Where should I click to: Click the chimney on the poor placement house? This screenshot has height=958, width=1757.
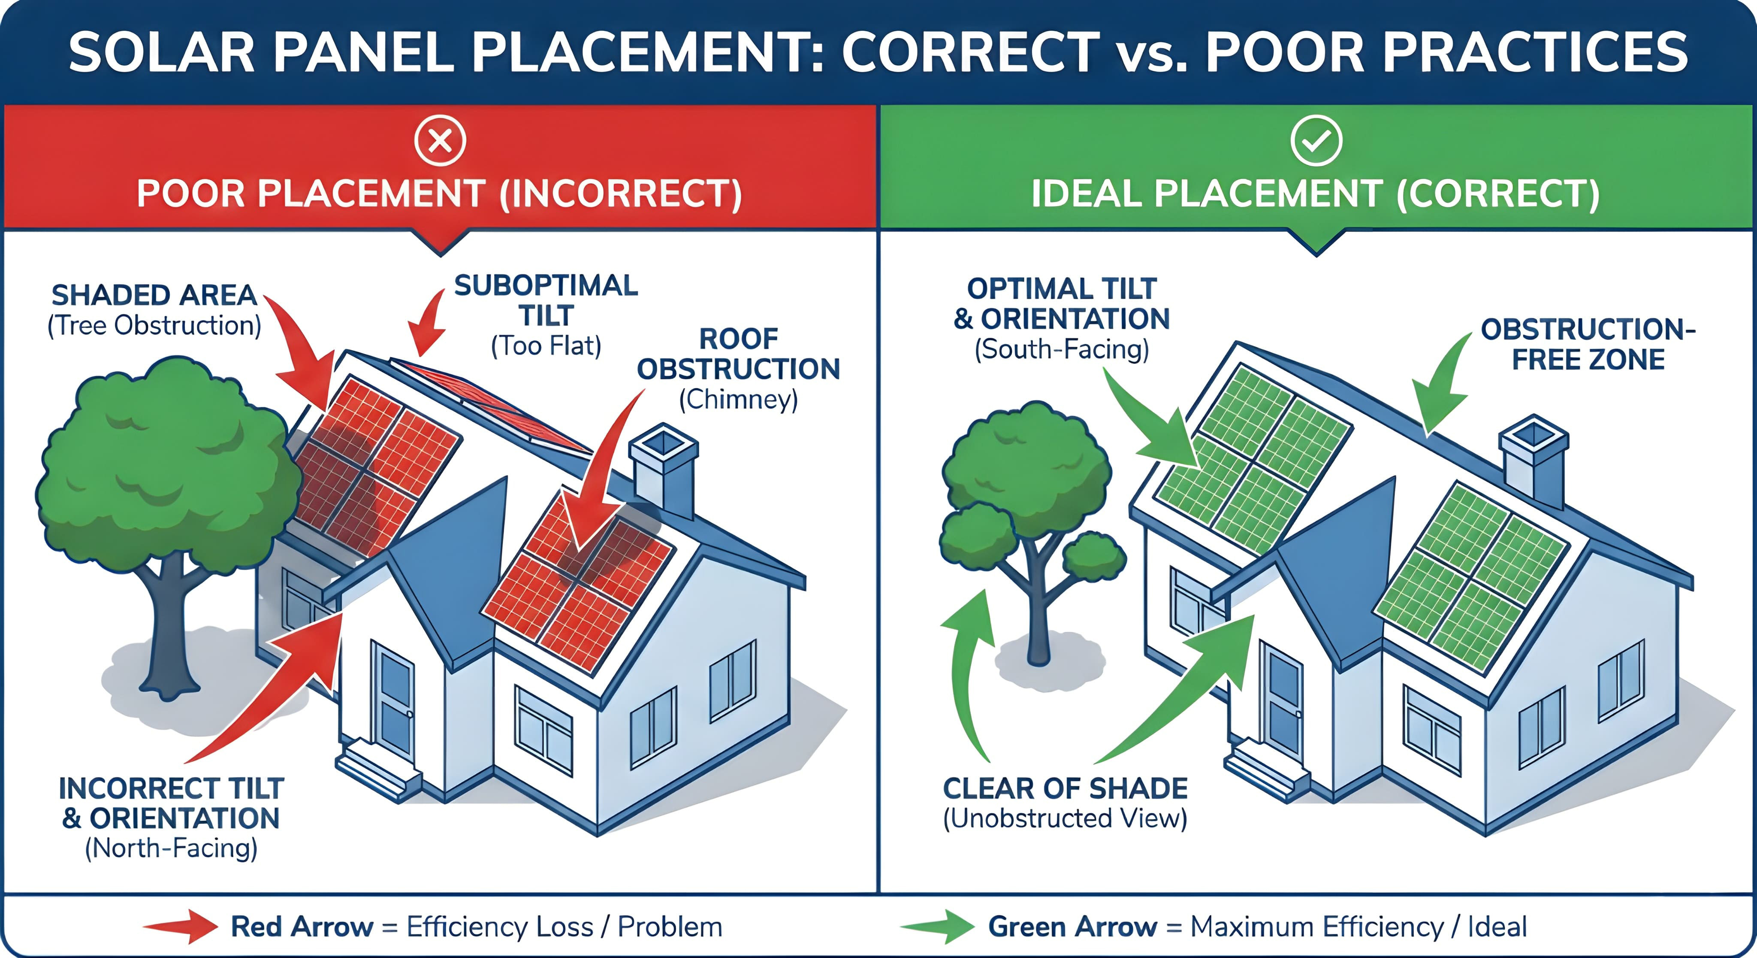pyautogui.click(x=663, y=471)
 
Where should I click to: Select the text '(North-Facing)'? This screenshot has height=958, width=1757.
pyautogui.click(x=171, y=848)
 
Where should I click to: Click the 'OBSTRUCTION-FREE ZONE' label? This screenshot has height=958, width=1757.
pyautogui.click(x=1588, y=345)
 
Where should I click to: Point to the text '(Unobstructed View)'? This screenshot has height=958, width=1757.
pyautogui.click(x=1065, y=818)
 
